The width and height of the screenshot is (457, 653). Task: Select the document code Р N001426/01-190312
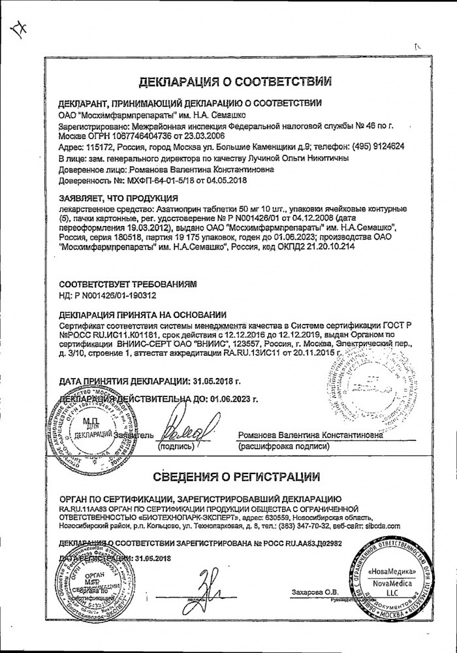112,297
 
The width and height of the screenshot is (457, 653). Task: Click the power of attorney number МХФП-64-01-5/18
140,178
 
